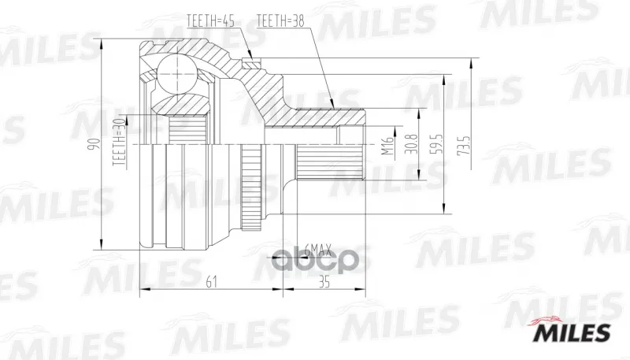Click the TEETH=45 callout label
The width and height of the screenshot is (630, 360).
pyautogui.click(x=211, y=21)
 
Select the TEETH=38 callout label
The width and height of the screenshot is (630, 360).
pyautogui.click(x=280, y=21)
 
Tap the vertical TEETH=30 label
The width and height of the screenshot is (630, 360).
pyautogui.click(x=120, y=143)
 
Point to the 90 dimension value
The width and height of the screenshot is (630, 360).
pyautogui.click(x=94, y=143)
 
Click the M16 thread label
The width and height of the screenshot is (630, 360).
pyautogui.click(x=387, y=146)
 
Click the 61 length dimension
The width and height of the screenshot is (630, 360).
pyautogui.click(x=211, y=283)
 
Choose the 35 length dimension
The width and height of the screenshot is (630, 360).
pyautogui.click(x=324, y=283)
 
